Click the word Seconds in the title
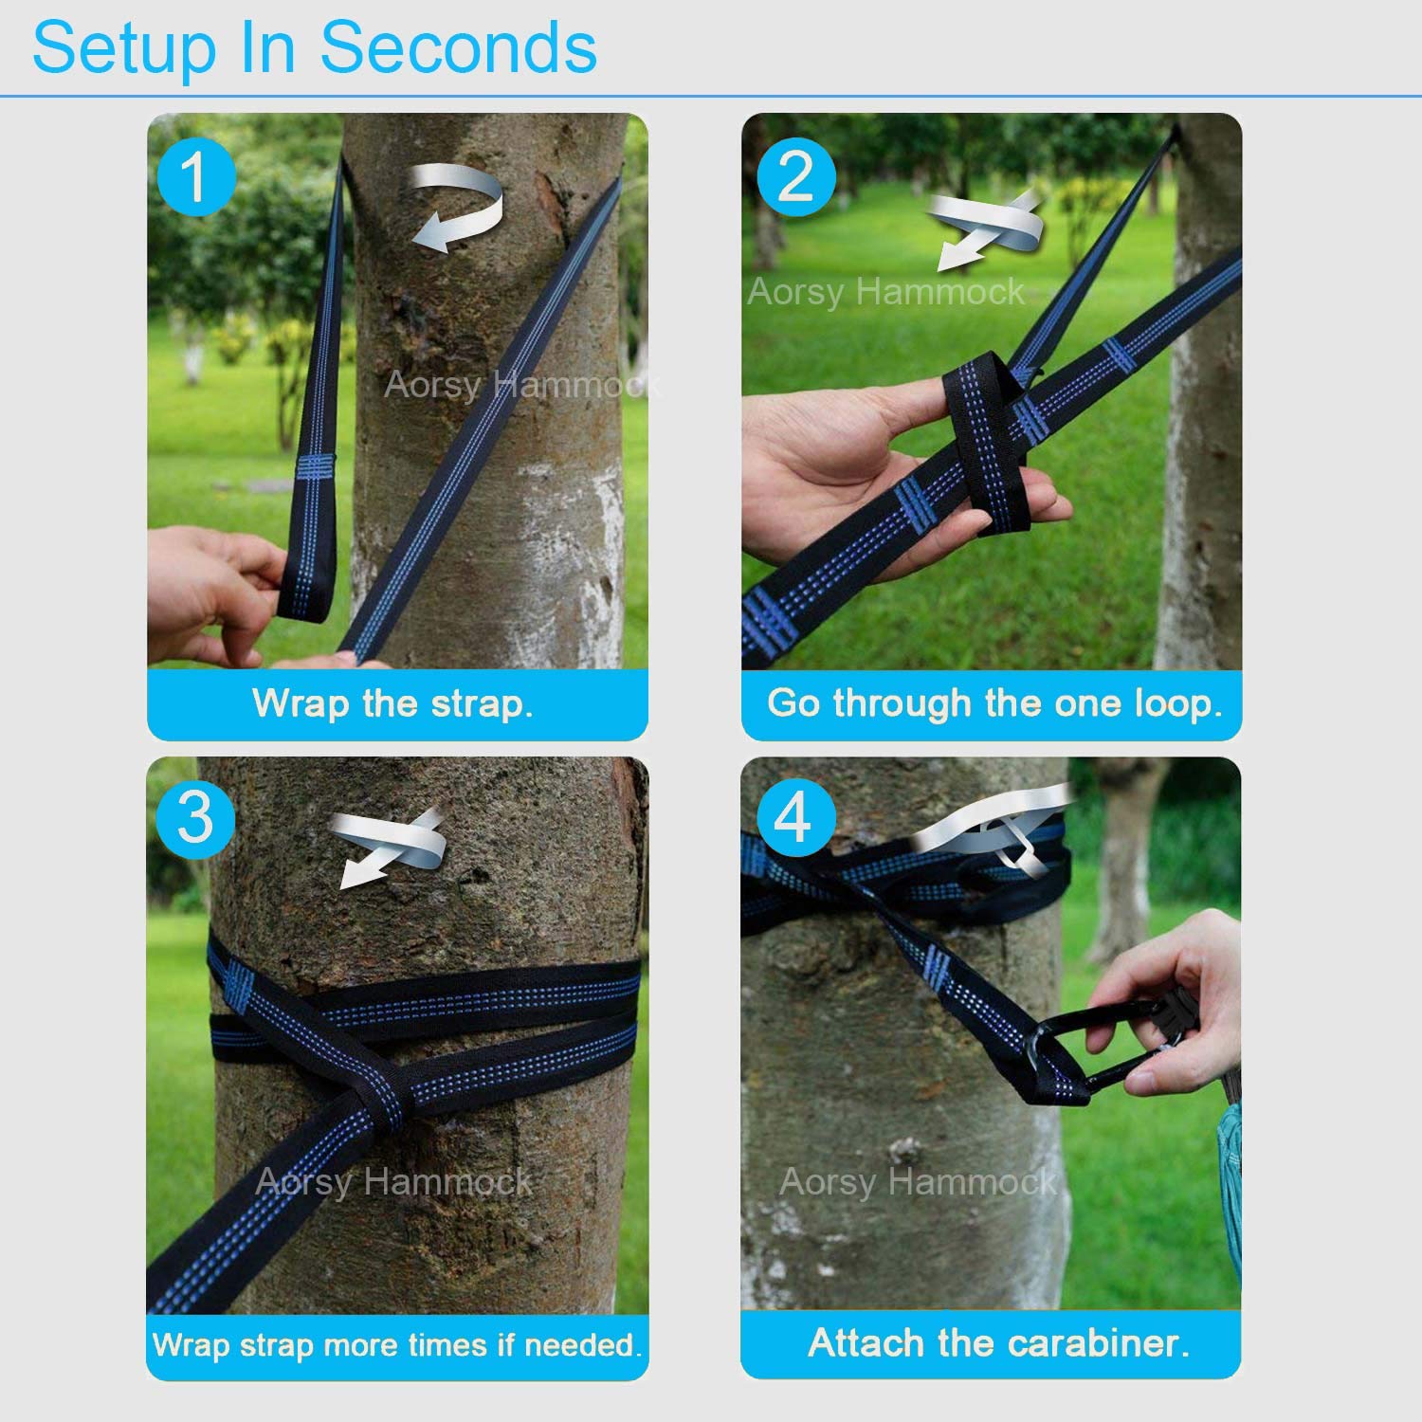459,48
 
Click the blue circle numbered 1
196,177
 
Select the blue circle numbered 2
796,177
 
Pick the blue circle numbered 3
196,818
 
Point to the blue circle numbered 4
796,818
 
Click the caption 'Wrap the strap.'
393,704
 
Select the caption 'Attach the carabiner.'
998,1343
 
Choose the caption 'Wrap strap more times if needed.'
397,1344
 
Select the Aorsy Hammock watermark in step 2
885,293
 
